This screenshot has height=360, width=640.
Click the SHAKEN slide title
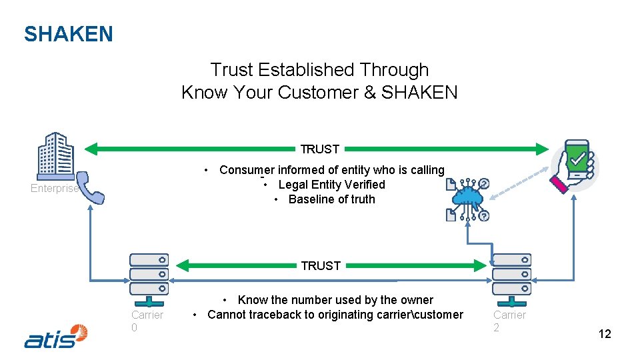click(x=69, y=34)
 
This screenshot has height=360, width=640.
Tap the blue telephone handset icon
click(x=90, y=187)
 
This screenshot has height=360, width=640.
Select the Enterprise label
click(x=54, y=189)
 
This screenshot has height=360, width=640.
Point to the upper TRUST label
click(x=320, y=149)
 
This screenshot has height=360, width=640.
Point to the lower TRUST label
click(x=321, y=265)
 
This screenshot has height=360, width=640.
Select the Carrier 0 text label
click(x=147, y=321)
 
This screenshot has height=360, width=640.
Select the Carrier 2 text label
click(x=509, y=321)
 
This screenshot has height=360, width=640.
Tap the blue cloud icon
click(x=468, y=197)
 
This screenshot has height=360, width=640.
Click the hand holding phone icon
click(x=574, y=166)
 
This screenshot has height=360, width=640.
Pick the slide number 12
click(x=604, y=334)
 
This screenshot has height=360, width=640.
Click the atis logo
click(x=56, y=336)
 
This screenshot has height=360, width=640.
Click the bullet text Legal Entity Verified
click(x=331, y=185)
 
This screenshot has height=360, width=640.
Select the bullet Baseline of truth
click(x=331, y=199)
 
